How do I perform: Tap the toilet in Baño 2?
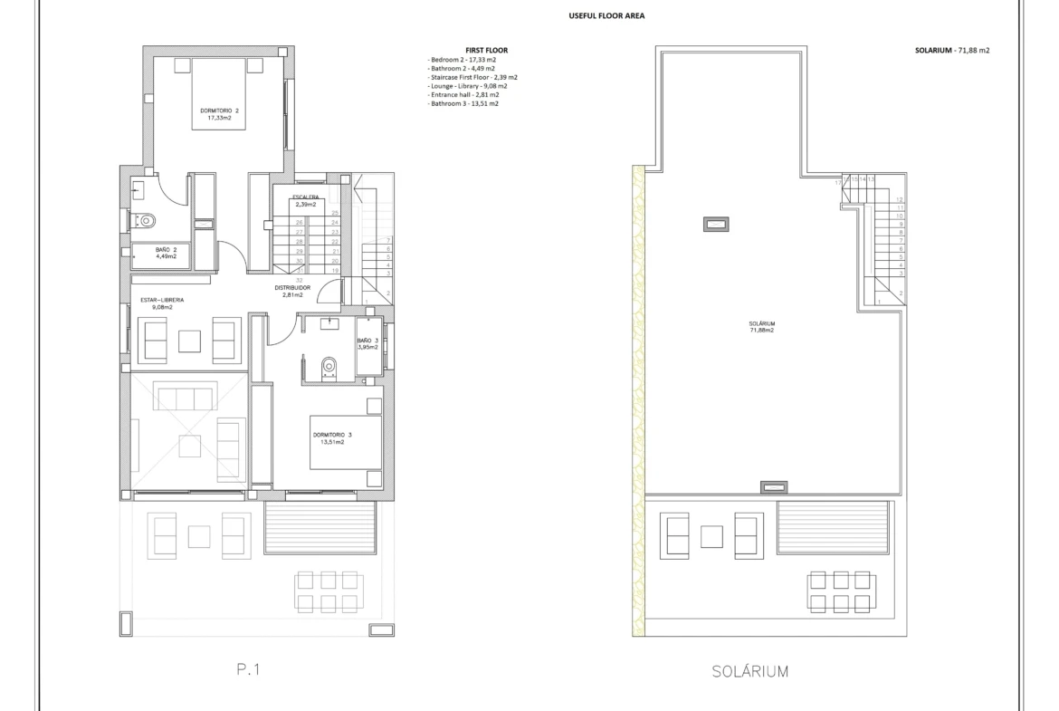(x=144, y=220)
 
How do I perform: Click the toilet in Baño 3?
(x=329, y=365)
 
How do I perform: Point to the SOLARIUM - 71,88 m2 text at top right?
(x=951, y=51)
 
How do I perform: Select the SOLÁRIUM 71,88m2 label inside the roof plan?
(x=761, y=327)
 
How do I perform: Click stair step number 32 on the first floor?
(x=300, y=280)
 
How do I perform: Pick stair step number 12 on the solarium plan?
(x=900, y=199)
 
